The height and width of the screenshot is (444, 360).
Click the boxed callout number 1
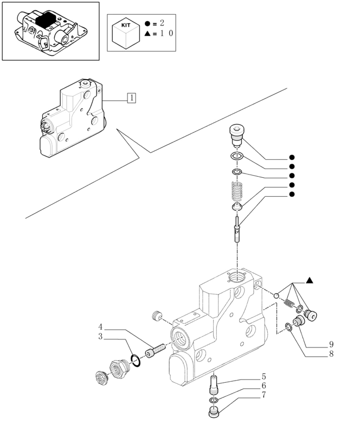[131, 98]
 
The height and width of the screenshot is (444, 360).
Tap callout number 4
[101, 327]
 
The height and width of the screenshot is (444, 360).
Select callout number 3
[101, 337]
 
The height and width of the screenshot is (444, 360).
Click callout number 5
[263, 376]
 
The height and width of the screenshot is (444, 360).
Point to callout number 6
[263, 385]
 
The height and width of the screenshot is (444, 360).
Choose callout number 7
[263, 395]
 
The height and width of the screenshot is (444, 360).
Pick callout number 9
[331, 344]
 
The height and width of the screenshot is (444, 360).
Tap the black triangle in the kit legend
[147, 34]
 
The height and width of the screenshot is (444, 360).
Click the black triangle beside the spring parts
[310, 280]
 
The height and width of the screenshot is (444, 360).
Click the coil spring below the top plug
[237, 191]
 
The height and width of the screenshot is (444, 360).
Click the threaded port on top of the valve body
[237, 277]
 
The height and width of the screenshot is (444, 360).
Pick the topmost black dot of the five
[292, 158]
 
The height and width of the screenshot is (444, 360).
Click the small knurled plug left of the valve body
[158, 315]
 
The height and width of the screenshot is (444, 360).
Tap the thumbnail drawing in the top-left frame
[51, 31]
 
